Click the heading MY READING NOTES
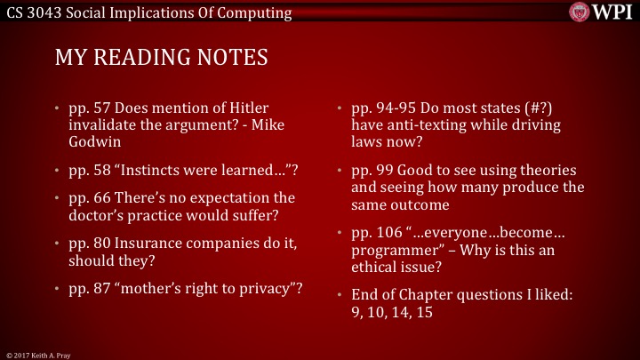[161, 58]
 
